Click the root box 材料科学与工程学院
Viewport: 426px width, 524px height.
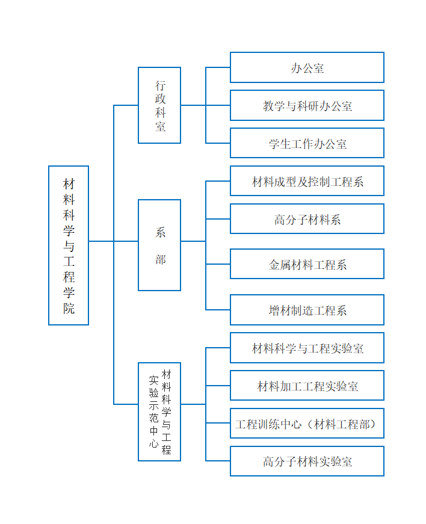tap(69, 245)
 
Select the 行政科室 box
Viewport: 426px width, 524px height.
tap(159, 105)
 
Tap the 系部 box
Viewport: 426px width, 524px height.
tap(159, 245)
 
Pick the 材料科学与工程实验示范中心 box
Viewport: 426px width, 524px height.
tap(159, 411)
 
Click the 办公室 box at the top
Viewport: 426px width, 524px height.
tap(307, 67)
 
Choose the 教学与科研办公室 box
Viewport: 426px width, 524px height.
tap(307, 105)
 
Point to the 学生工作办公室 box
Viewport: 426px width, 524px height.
tap(307, 143)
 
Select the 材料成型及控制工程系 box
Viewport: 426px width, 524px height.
tap(307, 181)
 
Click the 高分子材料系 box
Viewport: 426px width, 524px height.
tap(307, 219)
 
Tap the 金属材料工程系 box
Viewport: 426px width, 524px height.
tap(307, 264)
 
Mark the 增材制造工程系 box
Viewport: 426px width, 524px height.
tap(307, 310)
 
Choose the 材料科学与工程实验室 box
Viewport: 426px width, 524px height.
tap(307, 348)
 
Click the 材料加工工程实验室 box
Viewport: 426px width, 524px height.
tap(307, 386)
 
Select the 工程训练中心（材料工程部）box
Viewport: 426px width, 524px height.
tap(307, 424)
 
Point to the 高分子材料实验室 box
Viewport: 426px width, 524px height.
tap(307, 461)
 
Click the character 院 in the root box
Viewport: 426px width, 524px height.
tap(69, 308)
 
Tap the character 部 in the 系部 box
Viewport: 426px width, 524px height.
tap(161, 259)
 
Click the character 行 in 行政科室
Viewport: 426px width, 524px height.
tap(161, 85)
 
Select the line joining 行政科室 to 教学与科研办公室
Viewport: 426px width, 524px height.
tap(206, 105)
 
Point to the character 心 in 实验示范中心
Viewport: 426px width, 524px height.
tap(153, 443)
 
